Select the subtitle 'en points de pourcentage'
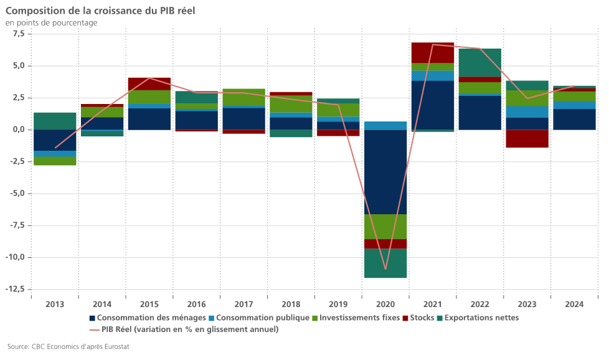coord(51,23)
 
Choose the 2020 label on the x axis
coord(385,304)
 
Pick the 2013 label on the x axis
coord(55,304)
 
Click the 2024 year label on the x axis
coord(574,304)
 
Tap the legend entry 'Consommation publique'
coord(263,318)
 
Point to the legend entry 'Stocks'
coord(422,318)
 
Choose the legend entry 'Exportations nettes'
coord(482,318)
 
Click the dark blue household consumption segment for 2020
coord(385,171)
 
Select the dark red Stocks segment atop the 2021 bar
coord(433,52)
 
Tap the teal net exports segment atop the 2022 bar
coord(480,62)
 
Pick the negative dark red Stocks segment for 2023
coord(527,138)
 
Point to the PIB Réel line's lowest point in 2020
coord(385,269)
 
